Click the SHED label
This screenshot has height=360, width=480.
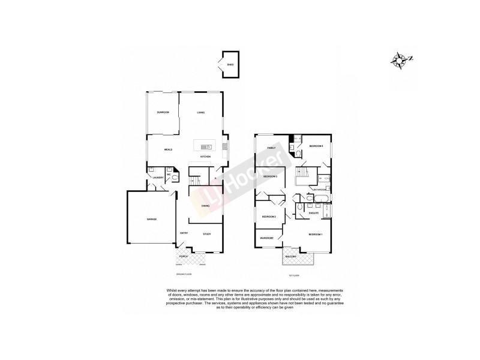point(230,64)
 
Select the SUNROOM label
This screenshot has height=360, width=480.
point(163,113)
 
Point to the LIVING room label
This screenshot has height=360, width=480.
point(201,113)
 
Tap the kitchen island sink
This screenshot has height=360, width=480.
point(205,146)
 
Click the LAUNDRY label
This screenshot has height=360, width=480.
point(158,178)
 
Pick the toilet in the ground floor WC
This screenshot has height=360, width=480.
point(174,178)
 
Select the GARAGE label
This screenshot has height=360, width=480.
point(152,220)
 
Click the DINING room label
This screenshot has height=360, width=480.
point(205,206)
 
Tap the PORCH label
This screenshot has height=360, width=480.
point(184,256)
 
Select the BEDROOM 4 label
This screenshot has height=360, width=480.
point(316,146)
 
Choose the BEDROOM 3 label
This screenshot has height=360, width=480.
point(270,176)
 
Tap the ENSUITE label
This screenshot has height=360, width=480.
point(313,212)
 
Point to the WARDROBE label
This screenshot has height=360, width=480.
point(267,238)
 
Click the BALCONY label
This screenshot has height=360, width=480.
point(292,256)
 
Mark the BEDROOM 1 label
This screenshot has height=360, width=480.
point(316,234)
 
